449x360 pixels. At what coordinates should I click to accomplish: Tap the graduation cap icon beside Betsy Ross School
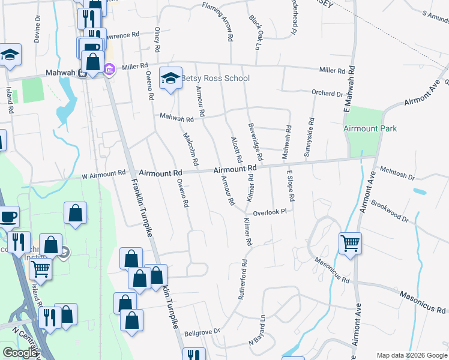coord(170,78)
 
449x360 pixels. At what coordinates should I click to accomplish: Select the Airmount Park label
coord(370,128)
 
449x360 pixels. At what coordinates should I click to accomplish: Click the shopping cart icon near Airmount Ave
coord(350,243)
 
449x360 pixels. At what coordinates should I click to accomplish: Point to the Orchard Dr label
coord(327,94)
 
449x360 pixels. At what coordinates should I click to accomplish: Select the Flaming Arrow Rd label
coord(221,20)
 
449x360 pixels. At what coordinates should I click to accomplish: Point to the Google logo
coord(20,353)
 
